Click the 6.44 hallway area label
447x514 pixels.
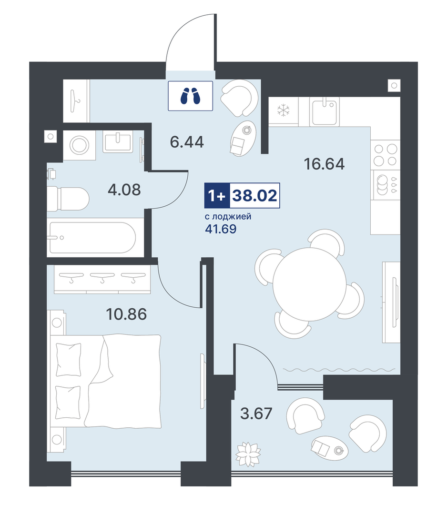click(187, 142)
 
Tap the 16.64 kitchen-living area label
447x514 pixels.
click(325, 164)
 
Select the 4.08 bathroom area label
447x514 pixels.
click(124, 190)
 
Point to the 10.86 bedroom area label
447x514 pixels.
click(126, 314)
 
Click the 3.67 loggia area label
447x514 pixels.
click(256, 413)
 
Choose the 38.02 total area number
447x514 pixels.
click(255, 196)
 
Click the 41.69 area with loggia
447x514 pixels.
click(221, 229)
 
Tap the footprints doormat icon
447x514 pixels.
click(191, 96)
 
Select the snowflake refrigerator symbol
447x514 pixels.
click(284, 111)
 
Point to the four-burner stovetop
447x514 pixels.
click(386, 155)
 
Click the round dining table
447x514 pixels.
click(310, 284)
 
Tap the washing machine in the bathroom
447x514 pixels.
click(79, 145)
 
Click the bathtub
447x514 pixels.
click(92, 237)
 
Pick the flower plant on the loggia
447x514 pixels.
click(248, 454)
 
